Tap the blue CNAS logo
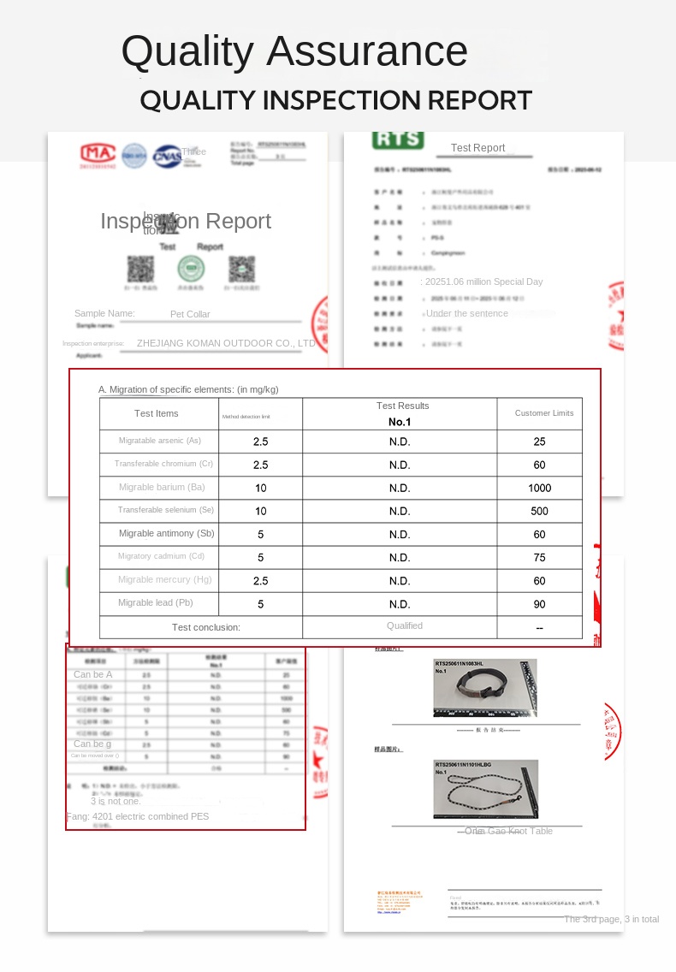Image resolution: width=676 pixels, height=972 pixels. [167, 156]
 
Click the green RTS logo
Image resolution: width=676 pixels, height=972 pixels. [398, 139]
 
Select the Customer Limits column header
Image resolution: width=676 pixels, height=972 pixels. [544, 413]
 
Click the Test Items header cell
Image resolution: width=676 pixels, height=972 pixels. [157, 413]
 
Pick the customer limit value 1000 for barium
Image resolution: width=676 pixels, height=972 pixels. [540, 488]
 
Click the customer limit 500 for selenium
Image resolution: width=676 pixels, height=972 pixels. [540, 511]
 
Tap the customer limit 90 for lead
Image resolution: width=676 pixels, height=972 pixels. [540, 604]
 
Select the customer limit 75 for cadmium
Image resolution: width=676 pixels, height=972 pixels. [540, 557]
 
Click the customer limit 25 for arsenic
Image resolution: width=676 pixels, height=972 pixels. [540, 442]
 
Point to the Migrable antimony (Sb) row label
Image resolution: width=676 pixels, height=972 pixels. [167, 533]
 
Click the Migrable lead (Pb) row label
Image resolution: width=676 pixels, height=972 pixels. [157, 602]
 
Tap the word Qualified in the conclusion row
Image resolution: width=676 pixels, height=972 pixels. [405, 625]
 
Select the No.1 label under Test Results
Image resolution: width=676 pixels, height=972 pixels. [400, 422]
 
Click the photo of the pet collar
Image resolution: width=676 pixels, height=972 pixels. [485, 688]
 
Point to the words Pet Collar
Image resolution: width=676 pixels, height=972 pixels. [190, 314]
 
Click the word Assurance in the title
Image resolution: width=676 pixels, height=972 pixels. [367, 51]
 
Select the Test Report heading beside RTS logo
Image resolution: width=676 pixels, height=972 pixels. [477, 148]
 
